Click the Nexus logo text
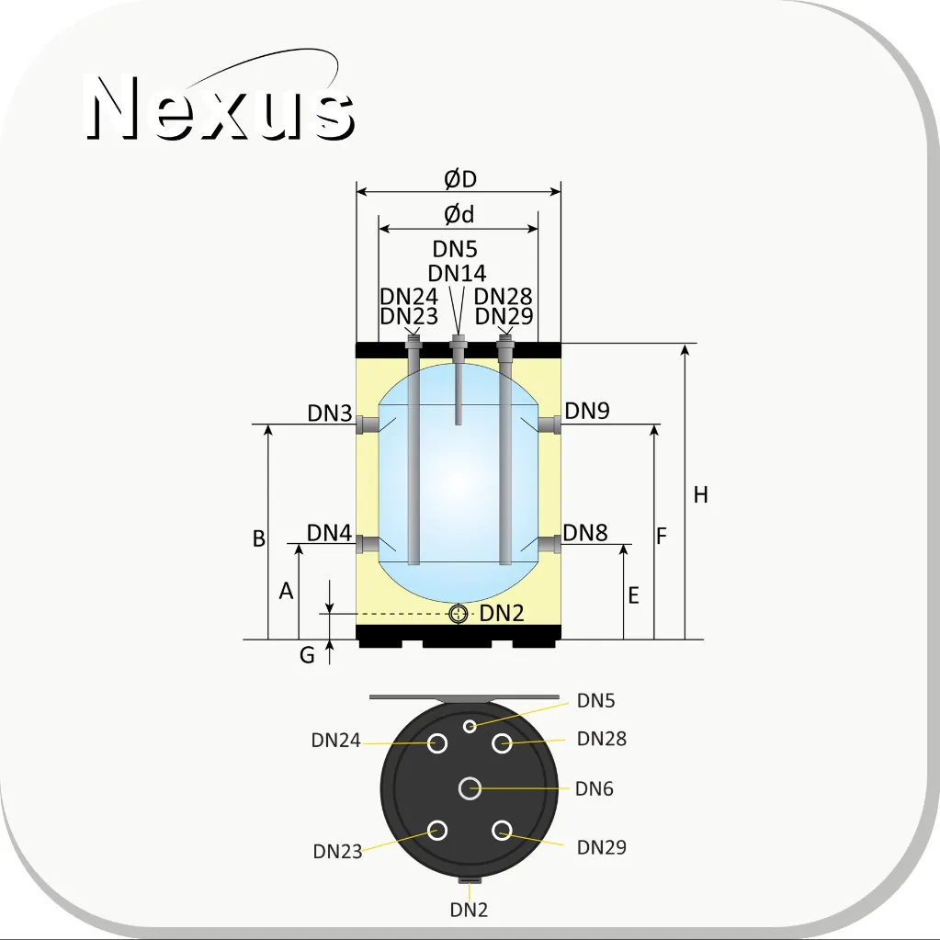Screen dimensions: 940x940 tap(220, 108)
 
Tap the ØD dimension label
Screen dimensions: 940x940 tap(459, 178)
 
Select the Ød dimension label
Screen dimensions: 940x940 tap(459, 214)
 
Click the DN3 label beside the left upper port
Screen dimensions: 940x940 tap(329, 413)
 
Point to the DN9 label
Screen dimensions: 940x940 tap(587, 411)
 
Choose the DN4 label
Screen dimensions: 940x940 tap(329, 532)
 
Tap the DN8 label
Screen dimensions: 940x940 tap(585, 532)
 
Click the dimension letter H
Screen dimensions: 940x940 tap(700, 494)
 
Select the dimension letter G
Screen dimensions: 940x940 tap(307, 654)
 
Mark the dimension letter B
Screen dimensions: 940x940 tap(258, 538)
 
